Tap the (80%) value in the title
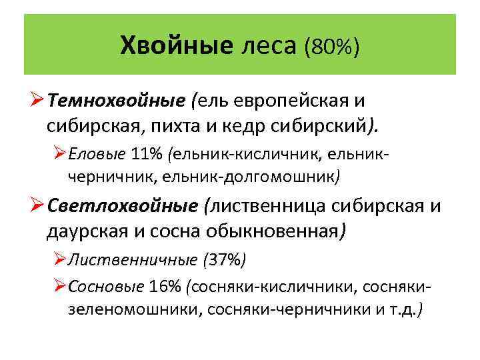[x=331, y=46]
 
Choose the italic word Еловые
[x=95, y=155]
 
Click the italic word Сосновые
[x=105, y=287]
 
